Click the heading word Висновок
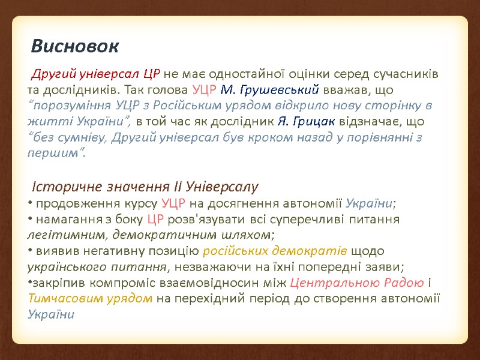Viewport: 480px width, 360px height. pyautogui.click(x=76, y=46)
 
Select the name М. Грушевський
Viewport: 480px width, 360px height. pyautogui.click(x=269, y=91)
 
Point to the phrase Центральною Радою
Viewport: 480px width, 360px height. pyautogui.click(x=357, y=283)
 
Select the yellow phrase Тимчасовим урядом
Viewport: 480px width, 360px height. pyautogui.click(x=90, y=298)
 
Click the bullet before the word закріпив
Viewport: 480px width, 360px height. pyautogui.click(x=31, y=283)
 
